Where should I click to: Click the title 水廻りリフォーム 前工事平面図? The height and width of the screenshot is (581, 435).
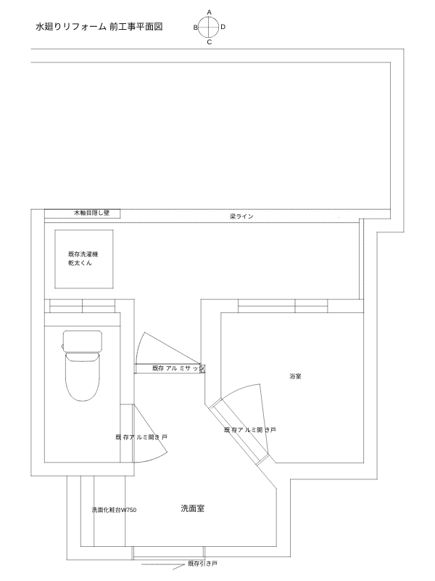(x=98, y=26)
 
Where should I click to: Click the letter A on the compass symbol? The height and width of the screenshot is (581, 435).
(x=209, y=12)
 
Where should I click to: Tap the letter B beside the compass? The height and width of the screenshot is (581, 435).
(x=195, y=27)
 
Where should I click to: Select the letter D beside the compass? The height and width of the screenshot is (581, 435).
(x=223, y=27)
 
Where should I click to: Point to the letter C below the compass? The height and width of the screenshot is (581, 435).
(x=209, y=42)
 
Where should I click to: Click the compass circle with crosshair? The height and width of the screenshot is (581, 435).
(x=209, y=27)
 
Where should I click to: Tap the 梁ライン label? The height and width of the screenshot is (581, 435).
(x=241, y=216)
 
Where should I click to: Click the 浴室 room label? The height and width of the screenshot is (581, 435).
(x=295, y=377)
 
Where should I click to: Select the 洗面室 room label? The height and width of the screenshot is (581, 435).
(x=192, y=509)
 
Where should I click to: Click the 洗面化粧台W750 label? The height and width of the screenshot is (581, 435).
(x=114, y=511)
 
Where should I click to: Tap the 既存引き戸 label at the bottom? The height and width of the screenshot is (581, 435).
(x=202, y=564)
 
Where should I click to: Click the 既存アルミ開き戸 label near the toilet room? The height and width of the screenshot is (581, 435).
(x=141, y=437)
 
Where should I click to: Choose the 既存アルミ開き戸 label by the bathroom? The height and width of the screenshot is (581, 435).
(x=250, y=430)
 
